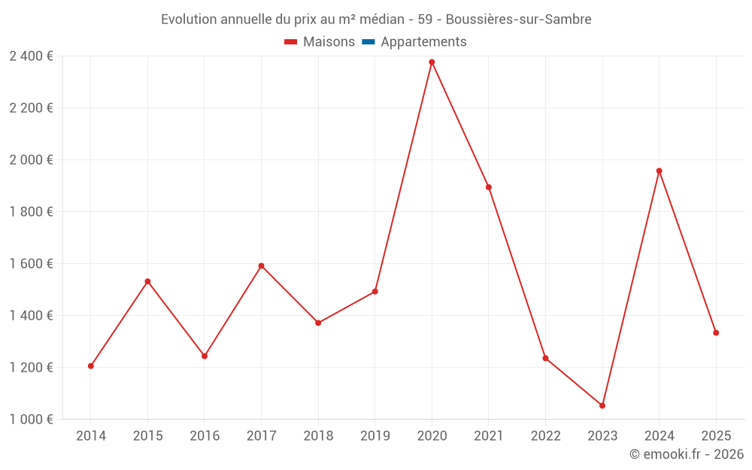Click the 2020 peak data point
(432, 62)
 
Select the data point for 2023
(602, 405)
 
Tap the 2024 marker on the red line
(659, 171)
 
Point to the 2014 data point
(91, 366)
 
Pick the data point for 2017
(261, 265)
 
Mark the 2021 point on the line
(489, 187)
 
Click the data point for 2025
(716, 332)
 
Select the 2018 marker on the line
(318, 323)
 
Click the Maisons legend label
(329, 42)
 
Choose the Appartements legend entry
(423, 42)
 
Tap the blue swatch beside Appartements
(368, 42)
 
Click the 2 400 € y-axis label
(31, 56)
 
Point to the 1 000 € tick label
(31, 420)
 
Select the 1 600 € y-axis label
(31, 264)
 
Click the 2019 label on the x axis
(374, 436)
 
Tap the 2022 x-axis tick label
(545, 436)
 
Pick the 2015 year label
(147, 436)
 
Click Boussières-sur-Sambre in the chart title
(518, 20)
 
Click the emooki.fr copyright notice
(687, 454)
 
